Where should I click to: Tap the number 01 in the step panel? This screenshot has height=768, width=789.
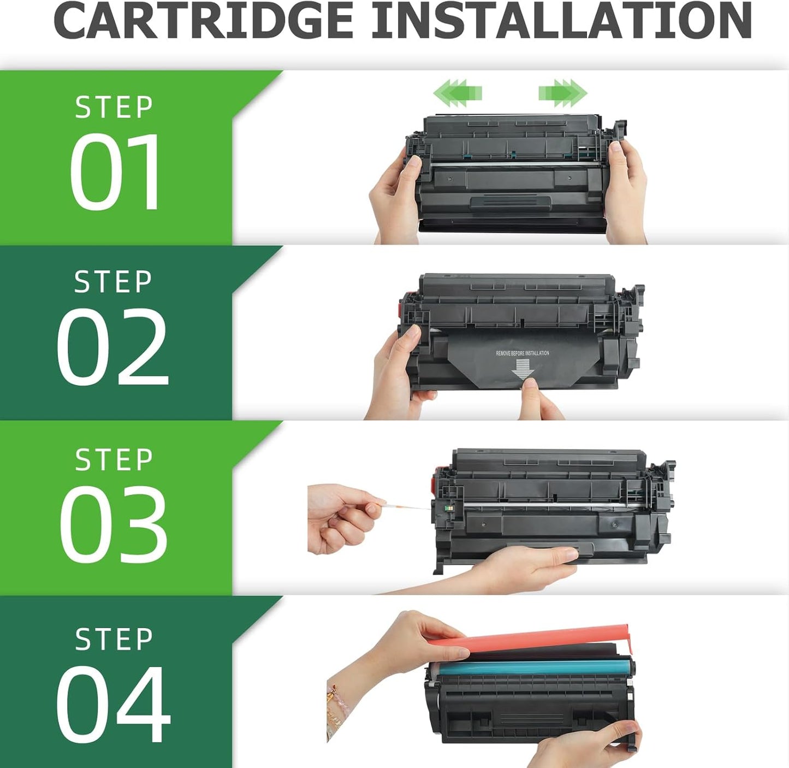pos(115,172)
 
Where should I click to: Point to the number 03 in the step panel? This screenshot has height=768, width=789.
pos(113,524)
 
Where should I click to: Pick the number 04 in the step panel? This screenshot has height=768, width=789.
pos(113,704)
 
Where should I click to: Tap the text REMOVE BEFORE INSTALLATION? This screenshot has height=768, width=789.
pos(522,353)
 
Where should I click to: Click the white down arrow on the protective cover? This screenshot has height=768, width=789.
pos(522,371)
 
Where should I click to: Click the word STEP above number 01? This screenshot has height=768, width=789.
pos(114,107)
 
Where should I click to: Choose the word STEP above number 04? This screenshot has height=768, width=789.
pos(114,639)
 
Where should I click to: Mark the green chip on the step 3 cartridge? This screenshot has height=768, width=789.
pos(449,509)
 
